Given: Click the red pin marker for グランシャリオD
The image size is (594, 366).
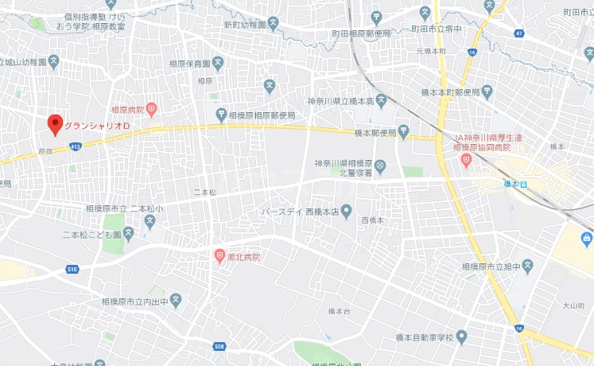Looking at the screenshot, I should [55, 125].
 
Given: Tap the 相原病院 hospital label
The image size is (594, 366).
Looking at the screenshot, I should [127, 109].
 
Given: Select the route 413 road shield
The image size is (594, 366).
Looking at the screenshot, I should [76, 146].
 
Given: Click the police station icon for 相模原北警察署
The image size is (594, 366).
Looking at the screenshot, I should [380, 165].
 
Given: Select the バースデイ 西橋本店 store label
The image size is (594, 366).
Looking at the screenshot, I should [301, 212].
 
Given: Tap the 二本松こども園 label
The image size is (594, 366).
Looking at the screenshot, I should [92, 235].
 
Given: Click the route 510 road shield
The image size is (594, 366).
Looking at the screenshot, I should [73, 269].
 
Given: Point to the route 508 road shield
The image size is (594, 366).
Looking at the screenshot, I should [219, 346].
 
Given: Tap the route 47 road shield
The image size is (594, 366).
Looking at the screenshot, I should [519, 34].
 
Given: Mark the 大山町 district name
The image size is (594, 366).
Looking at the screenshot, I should [573, 305].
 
